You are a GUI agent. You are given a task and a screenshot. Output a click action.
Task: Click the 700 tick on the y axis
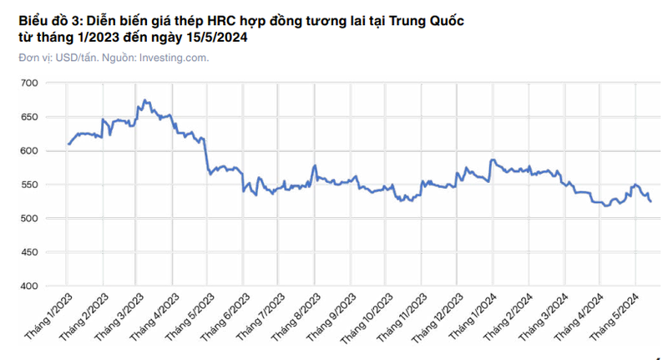coord(29,83)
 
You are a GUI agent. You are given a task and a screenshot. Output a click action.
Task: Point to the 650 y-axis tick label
coord(29,117)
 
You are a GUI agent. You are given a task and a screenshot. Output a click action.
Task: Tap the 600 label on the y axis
coord(29,150)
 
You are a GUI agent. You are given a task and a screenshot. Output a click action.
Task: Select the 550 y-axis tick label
coord(29,185)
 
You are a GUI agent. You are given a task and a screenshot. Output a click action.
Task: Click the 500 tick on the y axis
coord(29,218)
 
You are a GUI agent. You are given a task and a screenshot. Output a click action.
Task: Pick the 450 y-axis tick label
coord(29,252)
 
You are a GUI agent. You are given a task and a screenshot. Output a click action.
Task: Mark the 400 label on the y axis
coord(29,286)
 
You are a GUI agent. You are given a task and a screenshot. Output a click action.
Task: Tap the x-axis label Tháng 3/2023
coord(117,315)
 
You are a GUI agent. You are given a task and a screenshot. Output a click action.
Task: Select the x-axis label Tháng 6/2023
coord(222,315)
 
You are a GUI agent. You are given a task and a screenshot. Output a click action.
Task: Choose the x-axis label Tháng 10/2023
coord(362,317)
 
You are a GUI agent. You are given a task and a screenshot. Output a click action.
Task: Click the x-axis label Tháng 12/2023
coord(433,317)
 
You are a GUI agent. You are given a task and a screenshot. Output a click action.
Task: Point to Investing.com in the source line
coord(173,58)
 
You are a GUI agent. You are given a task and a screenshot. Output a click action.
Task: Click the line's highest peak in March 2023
coord(144,100)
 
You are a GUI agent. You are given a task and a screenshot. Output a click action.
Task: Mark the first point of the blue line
coord(68,145)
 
